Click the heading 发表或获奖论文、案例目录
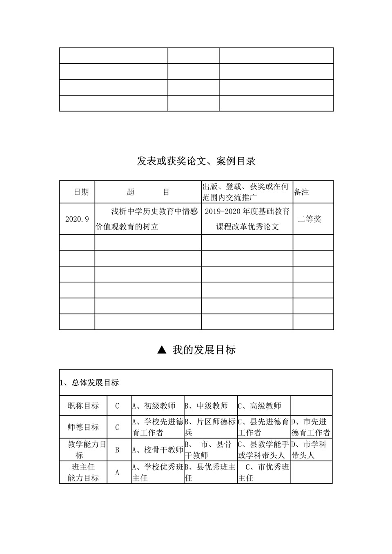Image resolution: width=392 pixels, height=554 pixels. tap(196, 161)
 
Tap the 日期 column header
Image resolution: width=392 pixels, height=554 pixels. tap(81, 192)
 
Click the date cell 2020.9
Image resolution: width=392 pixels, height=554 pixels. tap(77, 219)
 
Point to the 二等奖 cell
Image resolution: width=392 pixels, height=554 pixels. tap(309, 219)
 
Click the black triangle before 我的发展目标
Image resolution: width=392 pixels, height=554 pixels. tap(162, 349)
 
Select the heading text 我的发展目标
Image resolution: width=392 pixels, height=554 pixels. tap(204, 350)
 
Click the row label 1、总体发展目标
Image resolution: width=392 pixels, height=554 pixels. tap(89, 383)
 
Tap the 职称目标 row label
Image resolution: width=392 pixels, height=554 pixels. tap(83, 406)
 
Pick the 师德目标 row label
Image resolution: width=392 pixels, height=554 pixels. tap(83, 427)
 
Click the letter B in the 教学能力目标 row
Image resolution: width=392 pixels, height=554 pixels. tap(117, 450)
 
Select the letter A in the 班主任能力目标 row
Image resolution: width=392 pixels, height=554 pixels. tap(117, 472)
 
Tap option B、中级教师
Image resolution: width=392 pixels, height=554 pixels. tap(206, 406)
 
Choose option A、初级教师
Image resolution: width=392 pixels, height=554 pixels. tap(154, 406)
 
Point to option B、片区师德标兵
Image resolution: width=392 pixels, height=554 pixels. tap(210, 427)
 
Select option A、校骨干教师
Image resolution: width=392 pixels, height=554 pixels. tap(158, 450)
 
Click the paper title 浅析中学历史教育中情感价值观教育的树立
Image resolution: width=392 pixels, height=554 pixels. tap(147, 219)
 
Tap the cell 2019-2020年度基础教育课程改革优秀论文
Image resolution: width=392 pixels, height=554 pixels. tap(247, 219)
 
